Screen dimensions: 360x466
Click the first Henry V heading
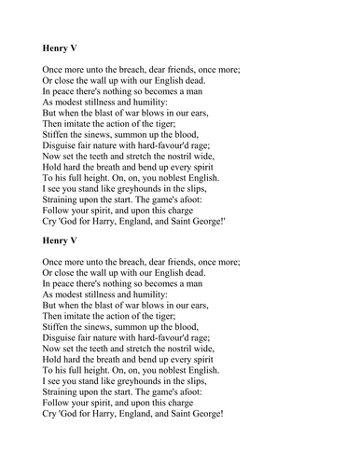click(x=62, y=44)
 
